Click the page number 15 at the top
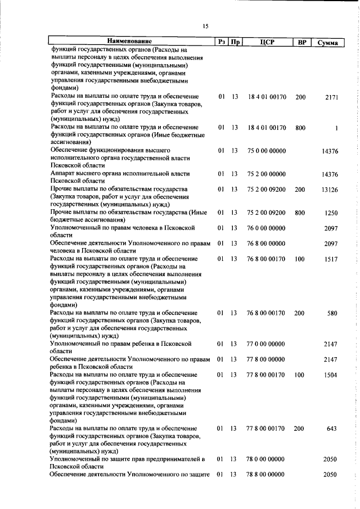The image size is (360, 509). [x=205, y=26]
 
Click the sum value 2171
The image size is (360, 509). [x=331, y=97]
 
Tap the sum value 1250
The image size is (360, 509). [x=331, y=213]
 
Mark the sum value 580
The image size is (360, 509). [x=332, y=313]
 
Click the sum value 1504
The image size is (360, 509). [x=331, y=375]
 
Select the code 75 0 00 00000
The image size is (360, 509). [x=266, y=151]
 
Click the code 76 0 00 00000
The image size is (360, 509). [x=266, y=228]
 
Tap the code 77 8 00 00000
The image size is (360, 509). [x=266, y=359]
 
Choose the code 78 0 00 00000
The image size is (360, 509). [x=266, y=459]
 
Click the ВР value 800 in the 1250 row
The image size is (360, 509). [x=300, y=213]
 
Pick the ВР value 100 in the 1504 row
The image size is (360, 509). [x=300, y=375]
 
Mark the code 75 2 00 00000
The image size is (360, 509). [x=266, y=174]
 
